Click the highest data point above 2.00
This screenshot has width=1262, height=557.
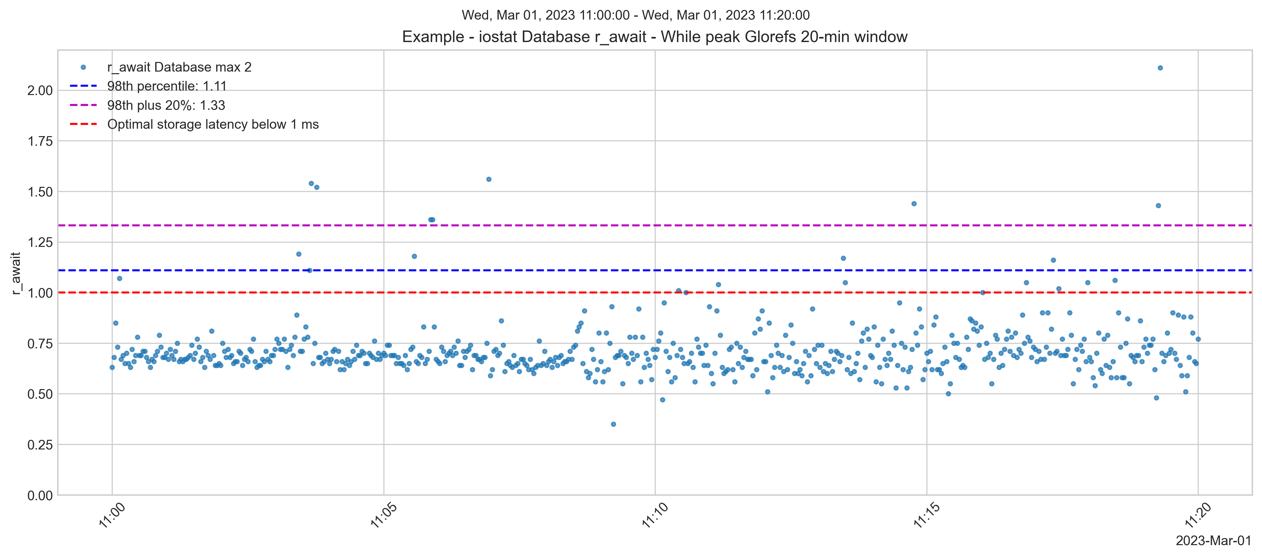pyautogui.click(x=1160, y=68)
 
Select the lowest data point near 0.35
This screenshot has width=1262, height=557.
pyautogui.click(x=613, y=424)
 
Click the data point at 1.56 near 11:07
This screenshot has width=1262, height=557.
pyautogui.click(x=488, y=179)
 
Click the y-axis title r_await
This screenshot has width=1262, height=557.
pyautogui.click(x=16, y=273)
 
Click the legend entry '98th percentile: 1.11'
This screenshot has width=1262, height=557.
pyautogui.click(x=167, y=86)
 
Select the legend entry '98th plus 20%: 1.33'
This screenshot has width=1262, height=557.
pyautogui.click(x=166, y=105)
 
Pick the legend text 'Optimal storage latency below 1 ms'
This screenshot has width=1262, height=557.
pyautogui.click(x=213, y=125)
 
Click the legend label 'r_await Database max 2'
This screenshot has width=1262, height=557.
pyautogui.click(x=179, y=67)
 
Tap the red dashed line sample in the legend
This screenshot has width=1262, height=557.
pyautogui.click(x=83, y=125)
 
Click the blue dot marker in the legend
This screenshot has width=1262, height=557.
pyautogui.click(x=83, y=67)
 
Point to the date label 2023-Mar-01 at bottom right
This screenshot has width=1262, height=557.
pyautogui.click(x=1213, y=541)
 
